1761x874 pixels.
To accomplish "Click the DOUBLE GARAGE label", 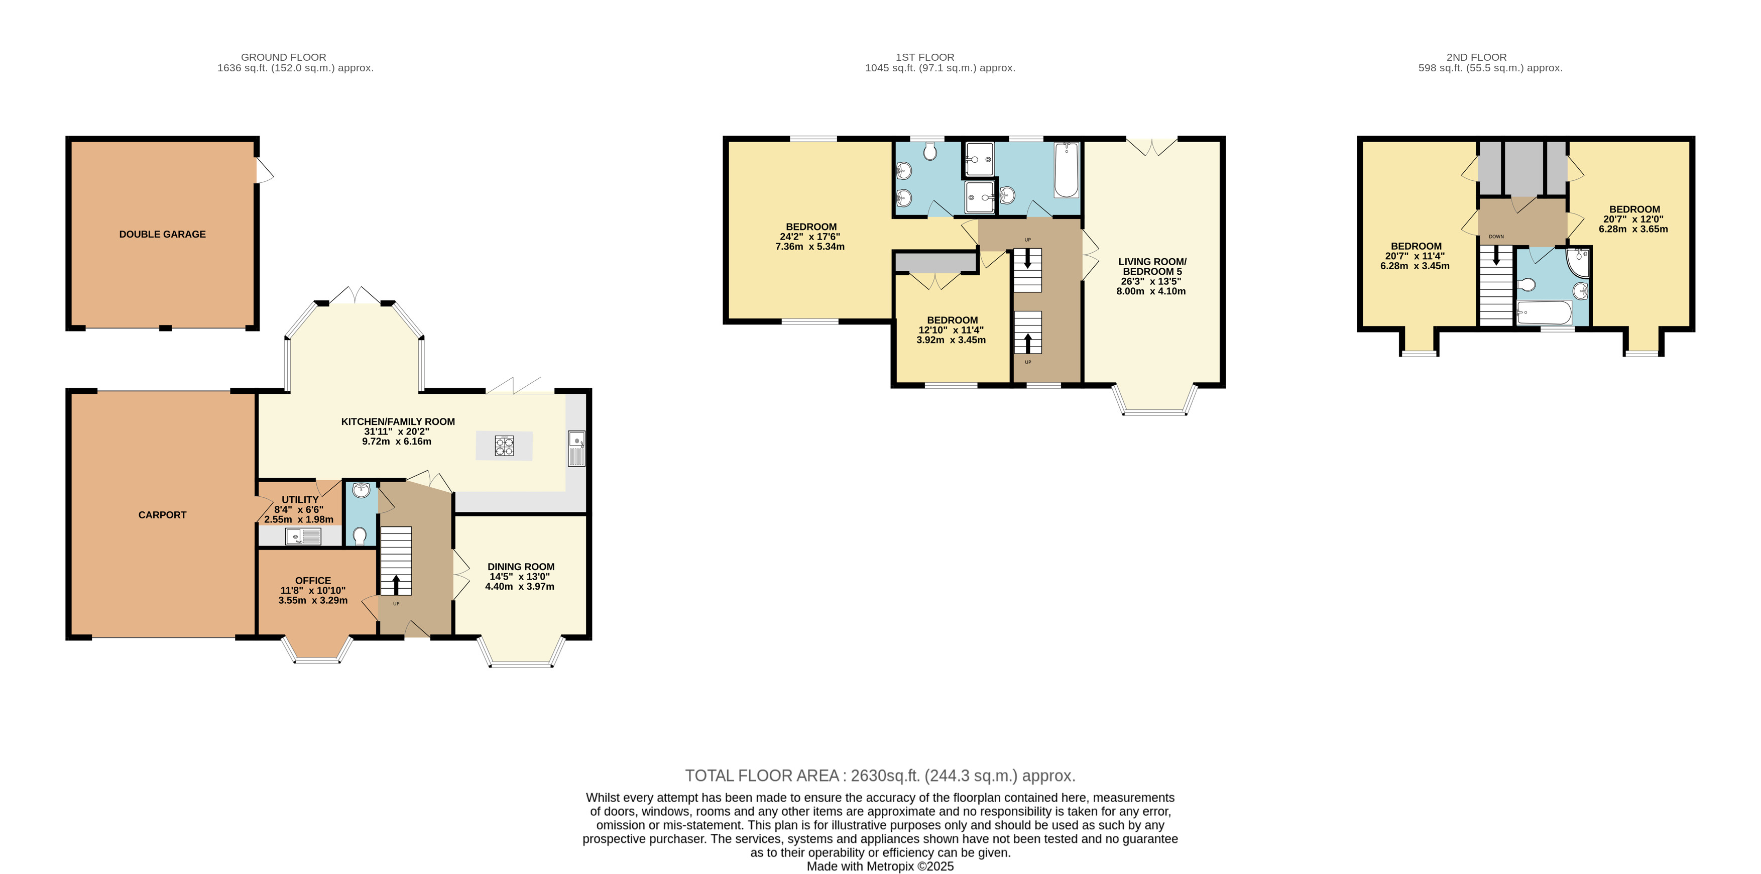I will (162, 234).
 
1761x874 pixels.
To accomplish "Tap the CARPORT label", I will (162, 515).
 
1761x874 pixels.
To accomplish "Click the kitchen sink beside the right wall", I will (576, 448).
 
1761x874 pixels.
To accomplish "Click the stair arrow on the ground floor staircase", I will (396, 585).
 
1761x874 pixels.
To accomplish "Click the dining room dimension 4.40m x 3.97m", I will (520, 587).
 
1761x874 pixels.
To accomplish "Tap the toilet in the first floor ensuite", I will (930, 152).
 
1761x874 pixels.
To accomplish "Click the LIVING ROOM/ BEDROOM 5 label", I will (1152, 267).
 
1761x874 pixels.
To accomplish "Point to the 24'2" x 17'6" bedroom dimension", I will (809, 237).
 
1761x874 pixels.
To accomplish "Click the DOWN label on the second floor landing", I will (1496, 237).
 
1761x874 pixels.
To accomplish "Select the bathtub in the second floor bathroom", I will (1544, 314).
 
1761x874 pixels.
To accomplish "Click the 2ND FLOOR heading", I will (1476, 57).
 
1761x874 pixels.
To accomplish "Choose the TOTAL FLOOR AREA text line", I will (880, 776).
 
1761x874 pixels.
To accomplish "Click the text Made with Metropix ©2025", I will (880, 866).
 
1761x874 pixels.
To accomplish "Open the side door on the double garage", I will (264, 171).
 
